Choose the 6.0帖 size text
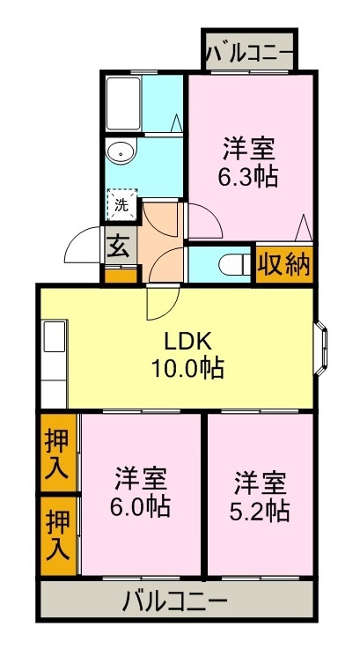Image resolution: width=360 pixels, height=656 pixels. coord(141,506)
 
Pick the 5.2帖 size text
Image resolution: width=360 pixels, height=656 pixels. coord(260,509)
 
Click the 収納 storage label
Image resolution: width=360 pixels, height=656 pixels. coord(284,265)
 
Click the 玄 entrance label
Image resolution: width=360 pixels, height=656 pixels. coord(118,246)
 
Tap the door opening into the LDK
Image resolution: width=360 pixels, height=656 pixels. coord(161,305)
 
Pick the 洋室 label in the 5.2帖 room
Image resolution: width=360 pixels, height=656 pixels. coord(260,482)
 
